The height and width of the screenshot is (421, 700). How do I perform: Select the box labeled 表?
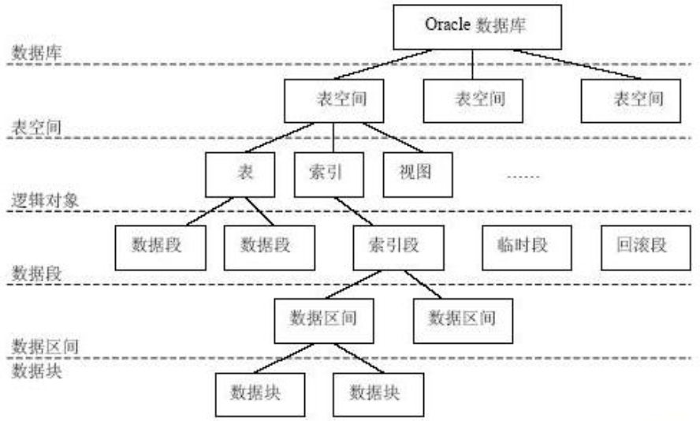[x=240, y=173]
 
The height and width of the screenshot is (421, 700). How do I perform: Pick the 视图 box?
[x=418, y=173]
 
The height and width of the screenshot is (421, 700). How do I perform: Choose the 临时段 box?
[x=516, y=247]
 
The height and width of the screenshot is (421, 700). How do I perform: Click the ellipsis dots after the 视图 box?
[x=521, y=176]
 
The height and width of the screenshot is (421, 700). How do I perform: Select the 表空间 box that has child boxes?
[x=334, y=101]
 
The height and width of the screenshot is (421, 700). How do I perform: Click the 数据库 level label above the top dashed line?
[x=32, y=52]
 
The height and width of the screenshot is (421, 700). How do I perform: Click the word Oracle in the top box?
[x=447, y=25]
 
